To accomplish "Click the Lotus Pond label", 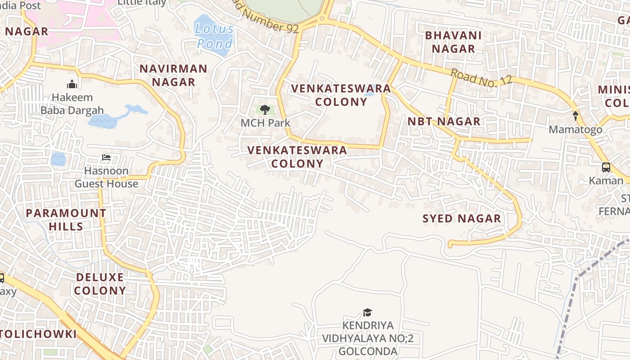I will point(215,36).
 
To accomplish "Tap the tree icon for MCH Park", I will point(265,109).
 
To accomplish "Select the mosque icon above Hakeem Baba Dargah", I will point(72,84).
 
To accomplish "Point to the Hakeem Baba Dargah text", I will point(72,104).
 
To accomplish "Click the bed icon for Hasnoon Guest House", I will point(106,157).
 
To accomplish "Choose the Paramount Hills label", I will point(66,220).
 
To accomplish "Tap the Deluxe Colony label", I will point(100,283).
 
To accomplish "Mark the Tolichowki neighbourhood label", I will point(38,334).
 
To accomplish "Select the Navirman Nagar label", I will point(173,75).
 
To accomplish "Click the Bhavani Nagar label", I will point(453,42).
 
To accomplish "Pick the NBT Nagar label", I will point(444,121).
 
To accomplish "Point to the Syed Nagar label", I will point(462,219).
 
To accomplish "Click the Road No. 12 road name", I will point(481,77).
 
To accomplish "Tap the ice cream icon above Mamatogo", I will point(575,116).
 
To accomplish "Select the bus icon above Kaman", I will point(606,167).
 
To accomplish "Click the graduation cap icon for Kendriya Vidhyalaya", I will point(368,312).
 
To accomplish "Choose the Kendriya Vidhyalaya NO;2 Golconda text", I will point(368,338).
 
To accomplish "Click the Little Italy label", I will point(142,3).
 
